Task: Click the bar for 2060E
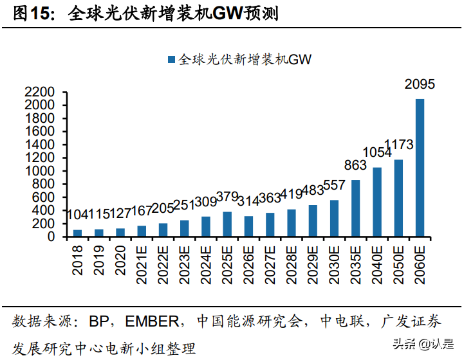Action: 420,168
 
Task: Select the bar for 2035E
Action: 355,208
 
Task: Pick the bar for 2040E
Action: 377,202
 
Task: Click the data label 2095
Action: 420,84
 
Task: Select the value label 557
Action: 334,186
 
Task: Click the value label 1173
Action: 398,145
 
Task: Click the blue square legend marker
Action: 171,59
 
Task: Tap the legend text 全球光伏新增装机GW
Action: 245,59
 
